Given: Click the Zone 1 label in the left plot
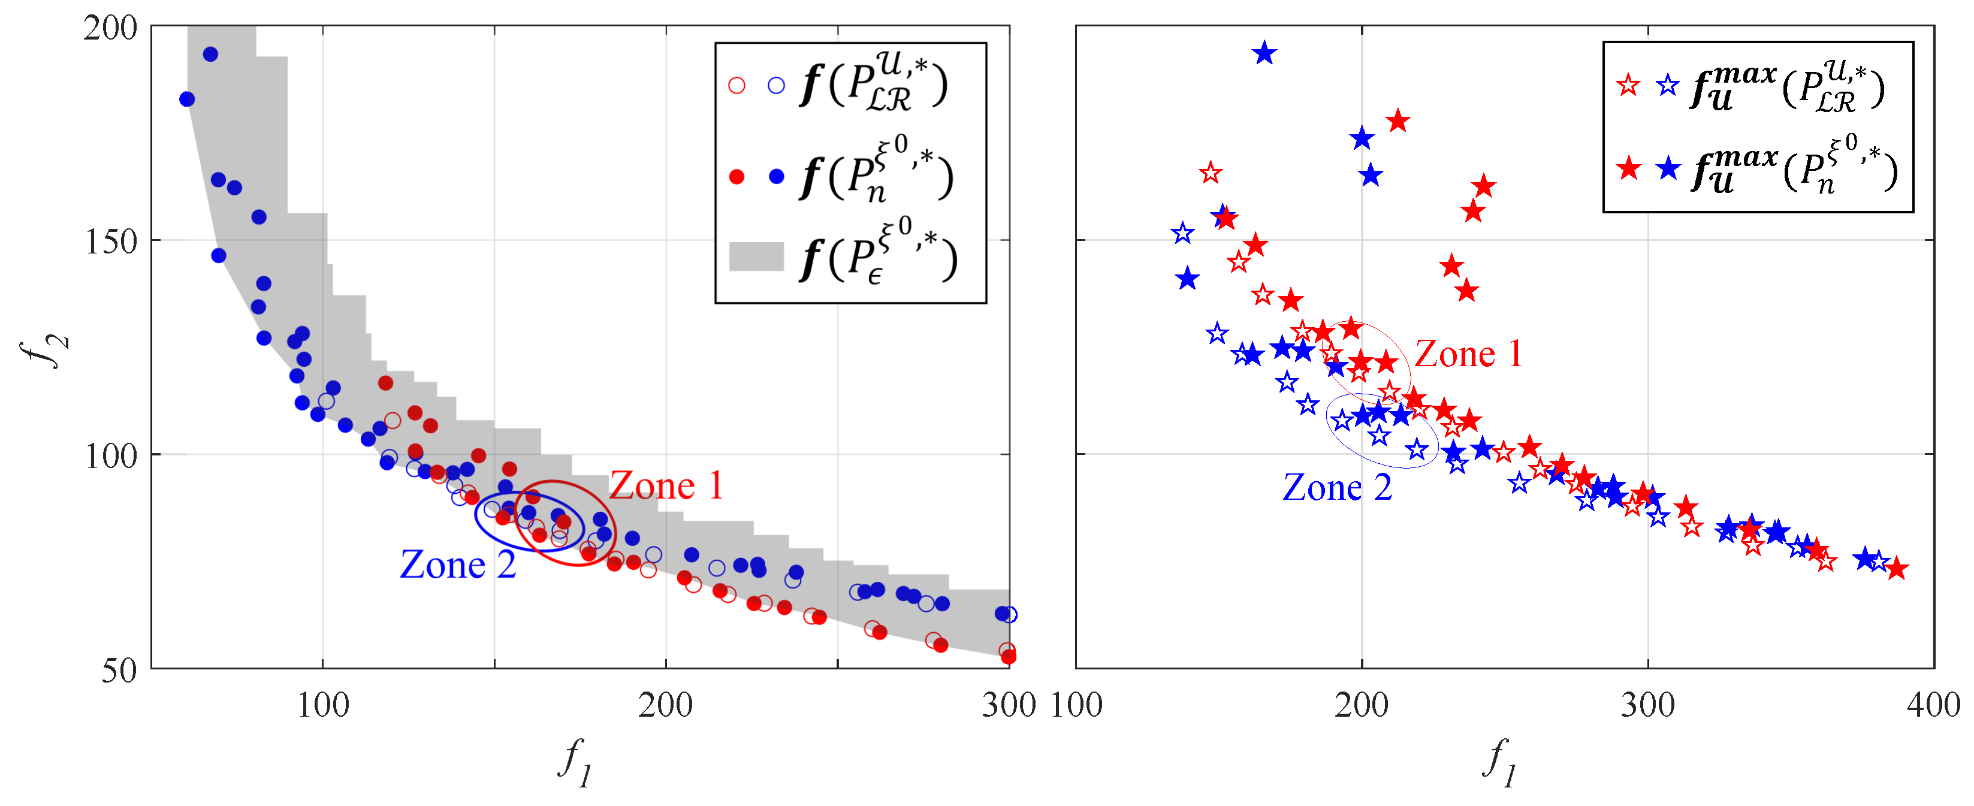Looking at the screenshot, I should click(x=666, y=486).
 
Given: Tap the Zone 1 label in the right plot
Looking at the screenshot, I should click(x=1468, y=354).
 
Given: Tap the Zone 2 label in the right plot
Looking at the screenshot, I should click(x=1336, y=487).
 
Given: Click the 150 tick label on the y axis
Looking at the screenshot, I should click(x=110, y=242).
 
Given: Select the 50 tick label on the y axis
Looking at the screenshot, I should click(x=119, y=671).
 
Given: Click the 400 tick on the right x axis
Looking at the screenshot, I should click(x=1933, y=705).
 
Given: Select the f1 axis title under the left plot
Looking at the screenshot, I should click(x=575, y=762).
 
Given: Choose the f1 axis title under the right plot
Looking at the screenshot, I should click(x=1499, y=762).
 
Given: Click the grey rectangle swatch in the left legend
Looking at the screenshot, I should click(x=756, y=256).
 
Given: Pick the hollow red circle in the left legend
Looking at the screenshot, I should click(x=737, y=85).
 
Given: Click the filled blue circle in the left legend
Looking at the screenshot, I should click(x=776, y=177).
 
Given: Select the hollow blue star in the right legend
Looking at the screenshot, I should click(x=1668, y=85).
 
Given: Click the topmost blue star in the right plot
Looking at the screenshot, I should click(x=1264, y=53).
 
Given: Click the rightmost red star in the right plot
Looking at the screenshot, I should click(x=1896, y=569).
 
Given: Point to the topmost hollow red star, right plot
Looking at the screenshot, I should click(x=1210, y=173).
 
